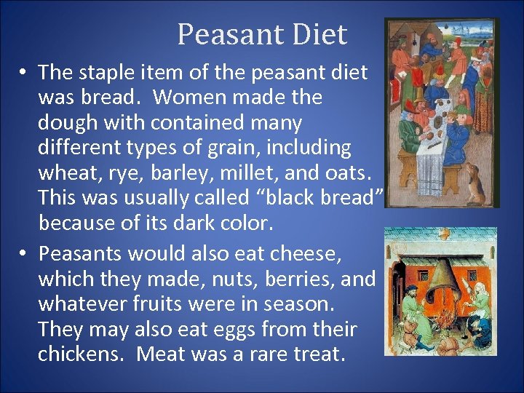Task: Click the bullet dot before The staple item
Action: point(24,73)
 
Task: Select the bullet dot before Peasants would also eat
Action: point(24,253)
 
